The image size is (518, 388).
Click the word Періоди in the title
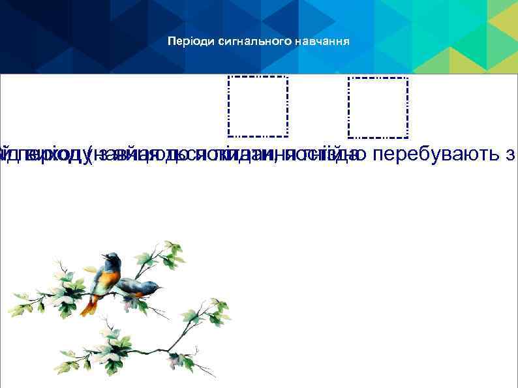point(185,42)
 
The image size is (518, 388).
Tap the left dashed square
point(258,106)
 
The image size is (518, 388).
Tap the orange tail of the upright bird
point(89,305)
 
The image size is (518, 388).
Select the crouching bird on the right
point(138,288)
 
